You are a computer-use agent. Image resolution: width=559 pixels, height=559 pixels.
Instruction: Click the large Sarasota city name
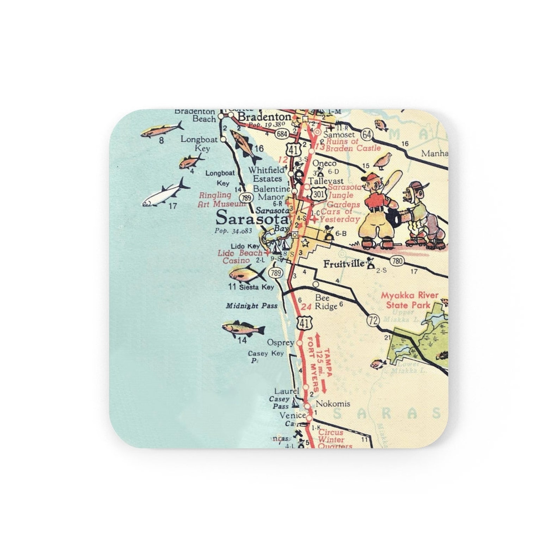click(252, 218)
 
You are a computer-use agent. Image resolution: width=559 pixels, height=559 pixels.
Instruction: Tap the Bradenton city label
click(265, 117)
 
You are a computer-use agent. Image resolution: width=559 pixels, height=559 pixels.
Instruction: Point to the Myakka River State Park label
click(409, 300)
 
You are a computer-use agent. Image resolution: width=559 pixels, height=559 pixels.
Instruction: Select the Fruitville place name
click(344, 264)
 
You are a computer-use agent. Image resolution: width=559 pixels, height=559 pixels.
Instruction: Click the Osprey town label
click(280, 342)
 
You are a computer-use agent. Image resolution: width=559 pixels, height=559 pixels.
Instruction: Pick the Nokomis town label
click(333, 403)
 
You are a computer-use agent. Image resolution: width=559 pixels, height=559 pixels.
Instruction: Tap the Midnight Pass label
click(251, 306)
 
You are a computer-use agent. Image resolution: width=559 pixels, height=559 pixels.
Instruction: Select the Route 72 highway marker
click(373, 320)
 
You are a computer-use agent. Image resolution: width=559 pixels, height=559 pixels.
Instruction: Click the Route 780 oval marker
click(397, 261)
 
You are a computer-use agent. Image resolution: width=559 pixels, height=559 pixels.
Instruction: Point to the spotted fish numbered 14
click(243, 328)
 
